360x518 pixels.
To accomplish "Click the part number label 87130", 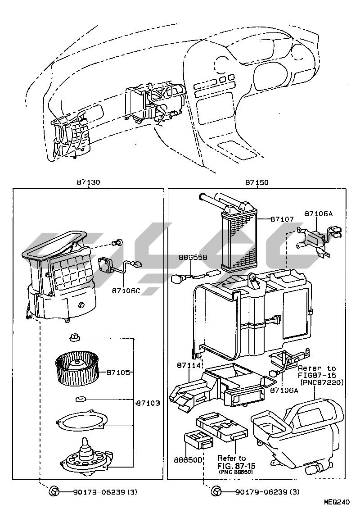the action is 89,182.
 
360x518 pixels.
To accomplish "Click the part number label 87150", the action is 256,182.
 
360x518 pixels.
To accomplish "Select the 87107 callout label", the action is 282,219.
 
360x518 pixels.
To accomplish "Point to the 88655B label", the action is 193,257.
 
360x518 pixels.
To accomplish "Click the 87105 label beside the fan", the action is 118,373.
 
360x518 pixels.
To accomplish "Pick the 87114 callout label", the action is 189,365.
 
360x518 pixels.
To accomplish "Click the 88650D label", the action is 188,460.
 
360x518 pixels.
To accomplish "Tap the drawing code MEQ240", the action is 337,502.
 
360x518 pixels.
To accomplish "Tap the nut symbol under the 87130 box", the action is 53,491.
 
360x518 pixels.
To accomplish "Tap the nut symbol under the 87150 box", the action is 216,491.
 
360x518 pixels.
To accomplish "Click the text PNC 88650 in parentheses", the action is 236,472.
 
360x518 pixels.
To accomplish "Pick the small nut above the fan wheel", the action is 75,338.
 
